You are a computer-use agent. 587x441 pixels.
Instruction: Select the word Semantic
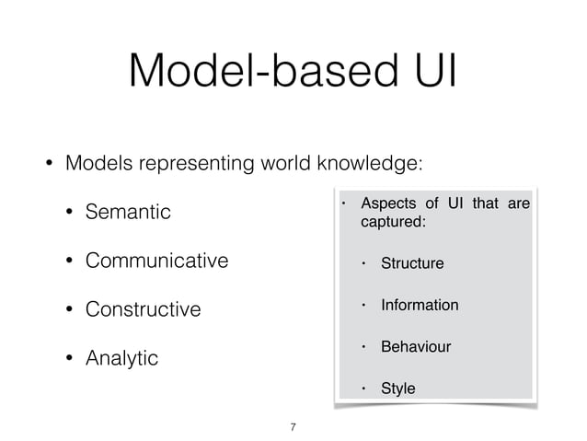pos(128,213)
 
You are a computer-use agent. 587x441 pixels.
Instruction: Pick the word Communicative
pos(156,261)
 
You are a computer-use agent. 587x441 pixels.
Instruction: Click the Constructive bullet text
pos(143,308)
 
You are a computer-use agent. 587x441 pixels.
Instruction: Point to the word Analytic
pos(121,357)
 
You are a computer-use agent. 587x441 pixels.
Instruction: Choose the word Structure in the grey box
pos(412,264)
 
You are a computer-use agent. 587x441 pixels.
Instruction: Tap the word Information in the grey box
pos(420,306)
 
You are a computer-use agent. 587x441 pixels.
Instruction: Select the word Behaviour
pos(416,347)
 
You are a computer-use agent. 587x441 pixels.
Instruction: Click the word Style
pos(397,389)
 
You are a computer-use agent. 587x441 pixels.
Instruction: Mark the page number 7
pos(293,426)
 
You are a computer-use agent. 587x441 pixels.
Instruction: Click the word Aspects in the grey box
pos(386,203)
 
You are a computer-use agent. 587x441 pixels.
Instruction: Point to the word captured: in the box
pos(393,223)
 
